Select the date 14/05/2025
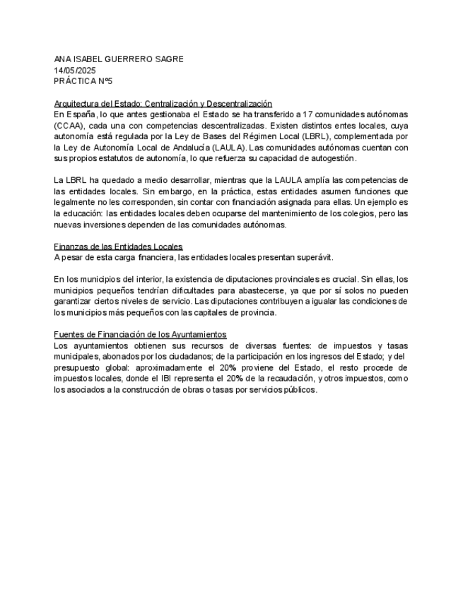point(75,71)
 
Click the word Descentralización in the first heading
point(239,103)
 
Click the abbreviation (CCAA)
point(69,125)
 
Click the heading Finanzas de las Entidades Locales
point(118,247)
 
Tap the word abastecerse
point(213,290)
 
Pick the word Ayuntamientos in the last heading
point(195,334)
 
